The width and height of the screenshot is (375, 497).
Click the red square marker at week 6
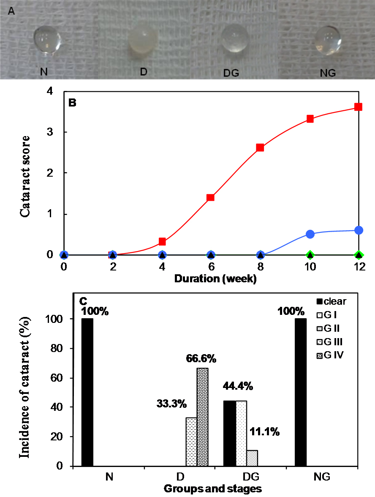pos(210,197)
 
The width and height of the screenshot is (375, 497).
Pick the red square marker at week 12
pos(359,107)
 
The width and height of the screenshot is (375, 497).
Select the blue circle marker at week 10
pos(310,234)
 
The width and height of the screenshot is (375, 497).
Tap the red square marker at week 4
pos(162,242)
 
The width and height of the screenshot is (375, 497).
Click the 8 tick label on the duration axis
pos(260,268)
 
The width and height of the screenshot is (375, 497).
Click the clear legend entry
pos(333,302)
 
